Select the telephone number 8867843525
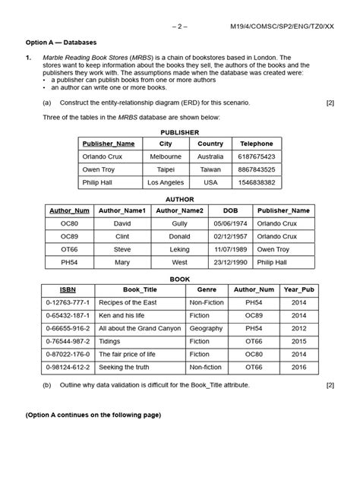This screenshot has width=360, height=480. (x=257, y=170)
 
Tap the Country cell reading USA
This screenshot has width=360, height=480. (x=210, y=183)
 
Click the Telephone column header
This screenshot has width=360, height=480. (x=257, y=144)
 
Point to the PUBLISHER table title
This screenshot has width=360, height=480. (x=180, y=131)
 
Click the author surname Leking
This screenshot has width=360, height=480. (x=179, y=250)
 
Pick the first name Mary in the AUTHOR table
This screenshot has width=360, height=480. (x=122, y=263)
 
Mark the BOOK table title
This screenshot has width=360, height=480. (x=180, y=279)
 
